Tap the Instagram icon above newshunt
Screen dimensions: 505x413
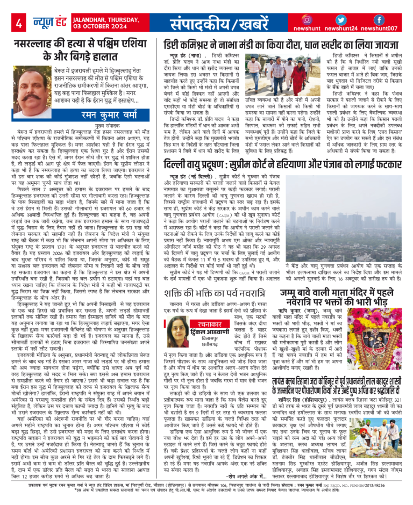(307, 19)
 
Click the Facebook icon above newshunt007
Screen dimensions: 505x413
(379, 19)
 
